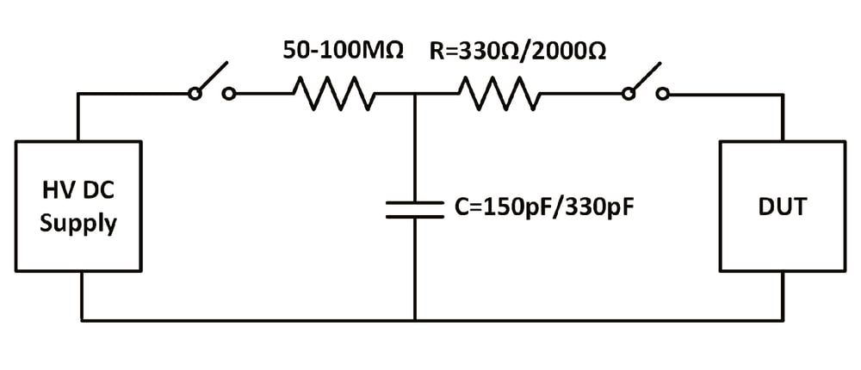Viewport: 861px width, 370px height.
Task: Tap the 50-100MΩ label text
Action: click(x=343, y=51)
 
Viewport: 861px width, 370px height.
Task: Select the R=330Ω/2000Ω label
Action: click(x=517, y=51)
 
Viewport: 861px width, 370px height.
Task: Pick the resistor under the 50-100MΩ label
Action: click(x=334, y=94)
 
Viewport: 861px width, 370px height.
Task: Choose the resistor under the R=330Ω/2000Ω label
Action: click(x=499, y=94)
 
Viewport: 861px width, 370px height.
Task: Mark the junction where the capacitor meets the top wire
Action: click(x=415, y=95)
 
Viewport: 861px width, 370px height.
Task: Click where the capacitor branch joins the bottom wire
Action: click(x=415, y=320)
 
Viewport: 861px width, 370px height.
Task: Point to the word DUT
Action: click(x=782, y=206)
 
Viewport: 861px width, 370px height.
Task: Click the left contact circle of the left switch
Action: click(x=195, y=95)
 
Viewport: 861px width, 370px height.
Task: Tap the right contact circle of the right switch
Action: click(x=662, y=95)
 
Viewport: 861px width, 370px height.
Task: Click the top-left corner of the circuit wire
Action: click(x=79, y=95)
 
